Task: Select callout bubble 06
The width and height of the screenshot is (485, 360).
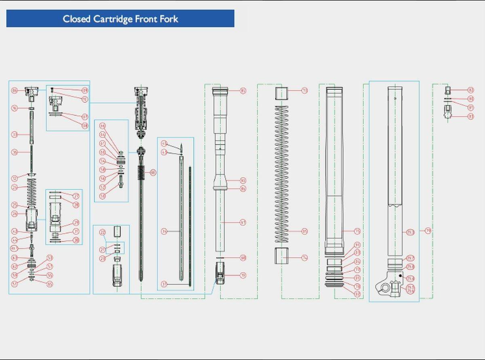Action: pyautogui.click(x=15, y=91)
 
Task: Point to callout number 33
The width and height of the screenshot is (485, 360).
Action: pyautogui.click(x=15, y=134)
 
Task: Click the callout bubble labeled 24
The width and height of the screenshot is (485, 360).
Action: pyautogui.click(x=15, y=187)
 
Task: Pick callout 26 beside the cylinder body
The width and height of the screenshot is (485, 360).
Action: pyautogui.click(x=15, y=214)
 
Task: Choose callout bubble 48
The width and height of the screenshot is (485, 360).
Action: pyautogui.click(x=153, y=173)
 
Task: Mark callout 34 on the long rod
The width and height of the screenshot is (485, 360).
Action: pyautogui.click(x=164, y=231)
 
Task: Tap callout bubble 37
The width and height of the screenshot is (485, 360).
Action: pyautogui.click(x=164, y=284)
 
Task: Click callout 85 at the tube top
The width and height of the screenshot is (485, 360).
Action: pyautogui.click(x=243, y=91)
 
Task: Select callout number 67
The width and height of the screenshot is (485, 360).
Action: pyautogui.click(x=243, y=222)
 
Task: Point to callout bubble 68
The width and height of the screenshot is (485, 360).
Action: pyautogui.click(x=243, y=258)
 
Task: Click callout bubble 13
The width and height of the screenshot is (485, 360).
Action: pyautogui.click(x=305, y=91)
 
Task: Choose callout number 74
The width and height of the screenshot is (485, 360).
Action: pyautogui.click(x=305, y=258)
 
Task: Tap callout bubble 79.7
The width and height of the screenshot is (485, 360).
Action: pyautogui.click(x=411, y=258)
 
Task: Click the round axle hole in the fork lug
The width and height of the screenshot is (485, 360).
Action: pyautogui.click(x=385, y=288)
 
